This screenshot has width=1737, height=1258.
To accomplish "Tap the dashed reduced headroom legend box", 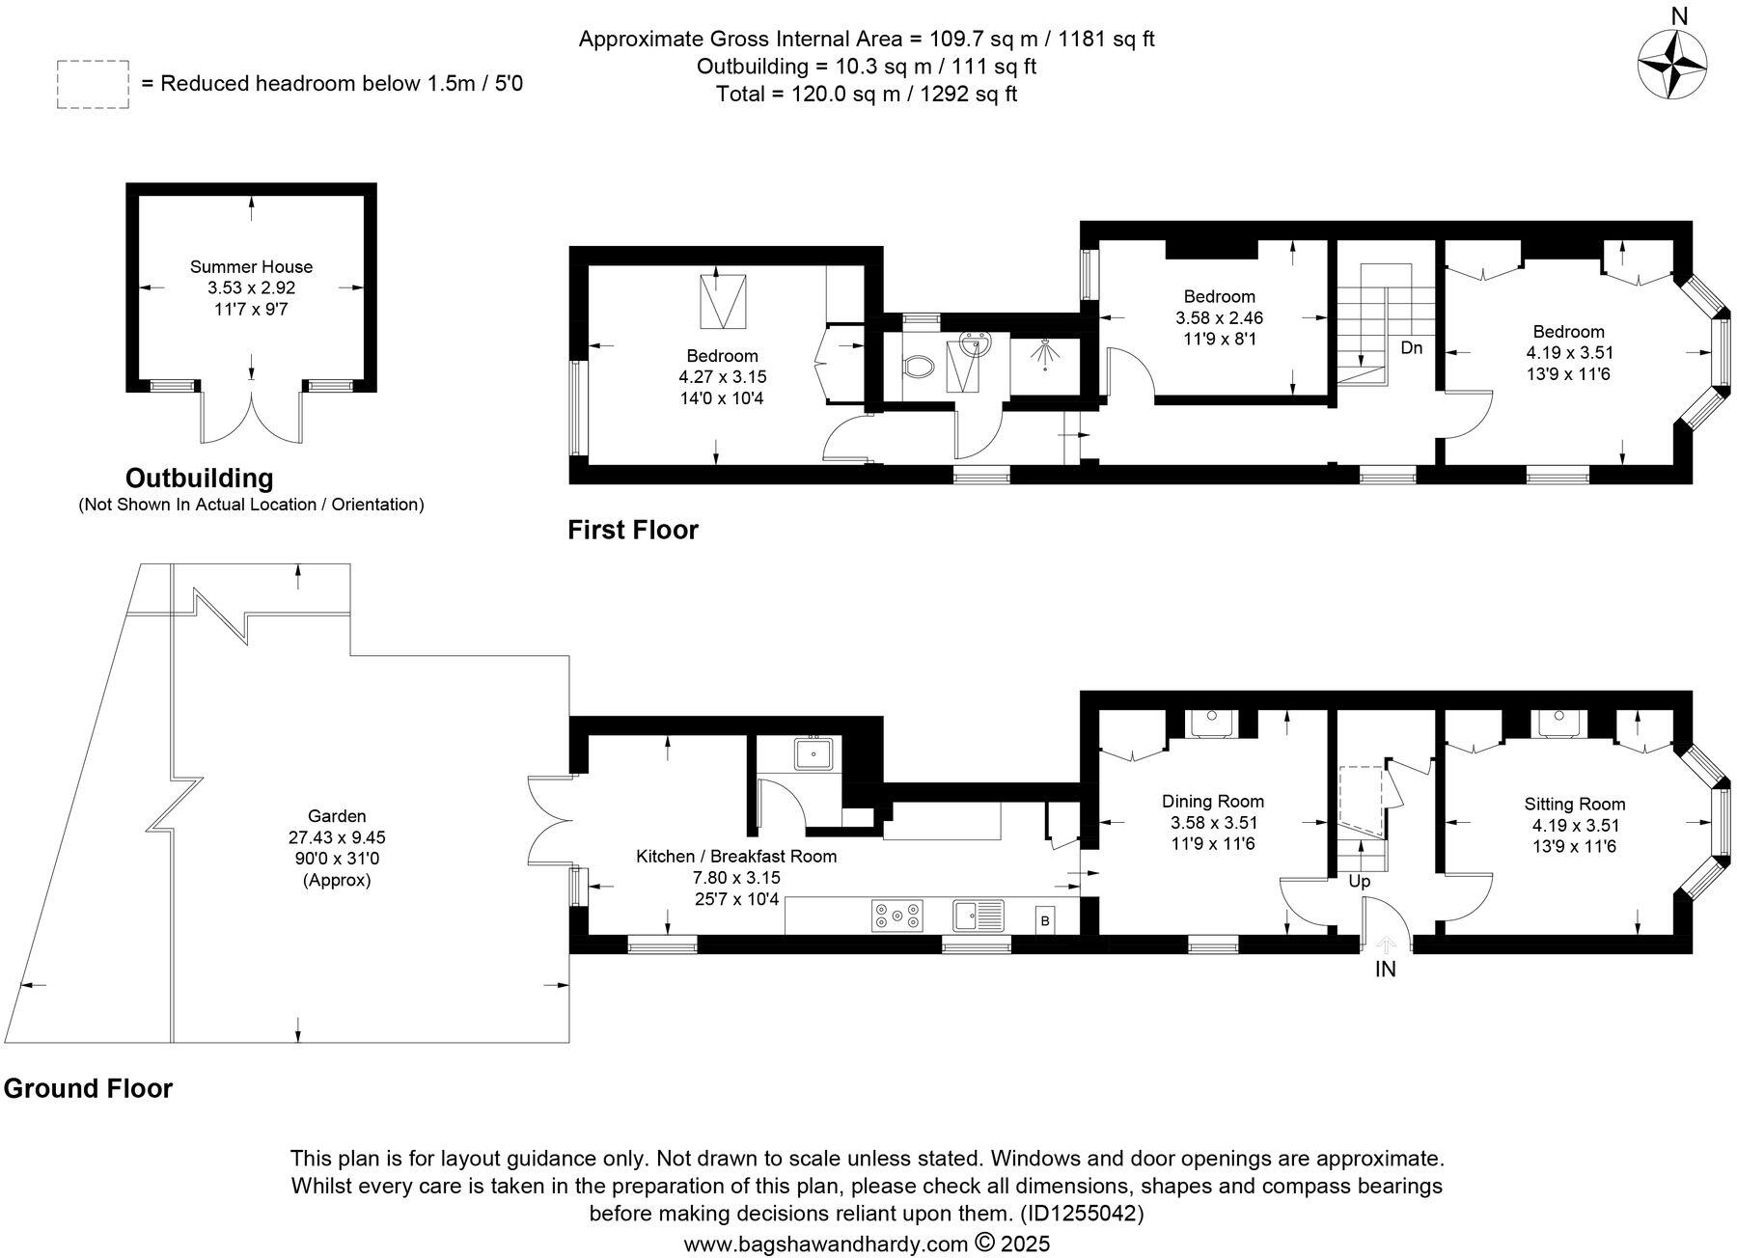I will [x=92, y=84].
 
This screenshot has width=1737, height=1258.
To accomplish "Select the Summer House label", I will [x=251, y=266].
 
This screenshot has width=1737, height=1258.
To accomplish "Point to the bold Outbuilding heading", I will [x=200, y=479].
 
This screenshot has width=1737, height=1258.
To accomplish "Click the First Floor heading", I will [x=632, y=530].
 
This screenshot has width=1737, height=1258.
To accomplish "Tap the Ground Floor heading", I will [x=88, y=1088].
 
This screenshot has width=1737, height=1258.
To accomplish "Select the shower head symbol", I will [x=1044, y=353].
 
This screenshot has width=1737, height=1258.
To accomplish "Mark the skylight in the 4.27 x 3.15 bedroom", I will [x=722, y=301].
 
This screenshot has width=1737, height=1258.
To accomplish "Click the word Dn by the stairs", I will [x=1411, y=347].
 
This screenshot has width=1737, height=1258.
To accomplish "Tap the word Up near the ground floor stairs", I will [x=1359, y=881].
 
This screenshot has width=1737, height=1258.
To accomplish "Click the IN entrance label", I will [x=1385, y=970].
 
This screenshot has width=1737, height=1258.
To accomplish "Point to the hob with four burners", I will [x=897, y=916].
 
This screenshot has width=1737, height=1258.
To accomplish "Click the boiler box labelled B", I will [x=1044, y=921].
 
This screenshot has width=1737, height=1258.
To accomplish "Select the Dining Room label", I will [x=1212, y=801].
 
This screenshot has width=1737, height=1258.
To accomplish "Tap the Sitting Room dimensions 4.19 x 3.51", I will [x=1575, y=825].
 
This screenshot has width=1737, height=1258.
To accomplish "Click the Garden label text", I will [x=337, y=816].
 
